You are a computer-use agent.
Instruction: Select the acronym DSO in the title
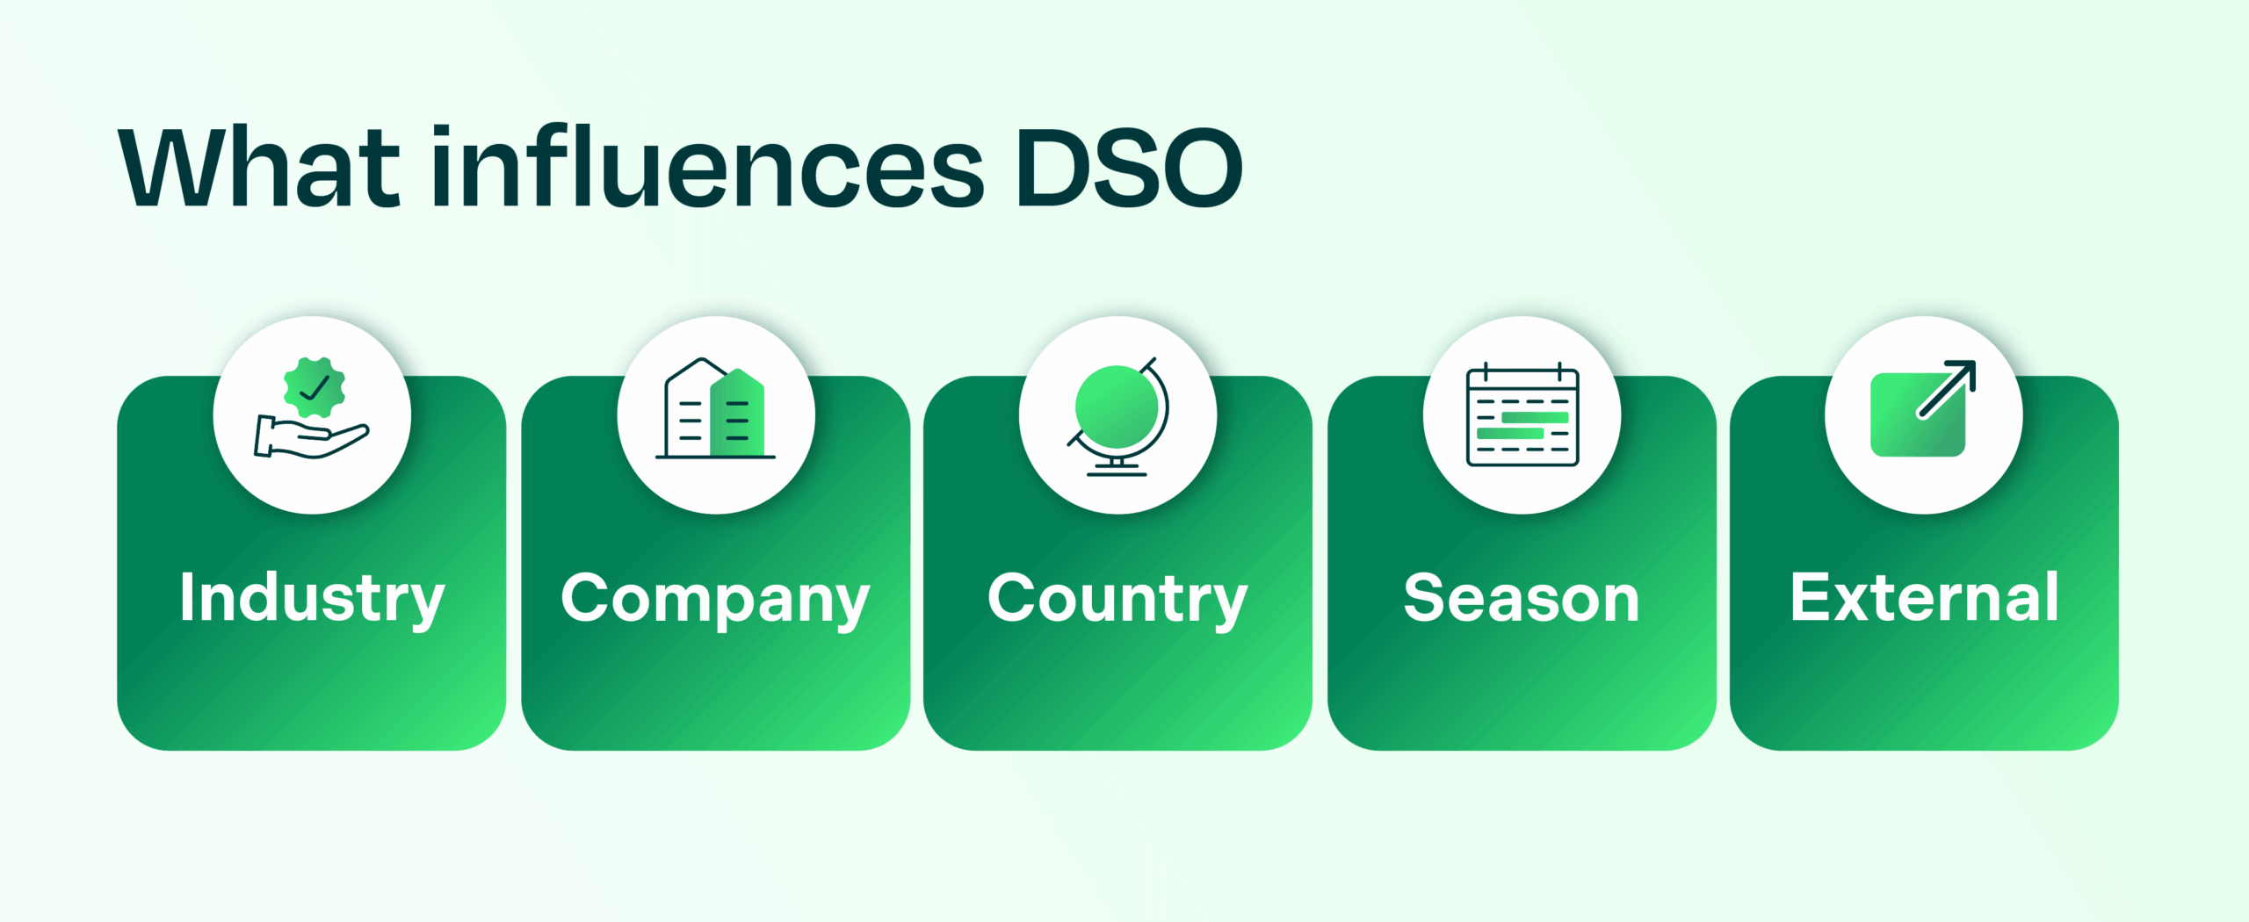pos(1129,169)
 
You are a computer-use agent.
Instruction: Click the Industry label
pos(312,599)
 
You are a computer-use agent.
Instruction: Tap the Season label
pos(1522,599)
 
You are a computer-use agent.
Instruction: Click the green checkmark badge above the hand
pos(315,387)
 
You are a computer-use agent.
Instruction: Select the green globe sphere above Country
pos(1117,407)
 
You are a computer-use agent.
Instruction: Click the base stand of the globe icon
pos(1117,467)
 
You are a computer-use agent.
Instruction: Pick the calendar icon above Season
pos(1522,415)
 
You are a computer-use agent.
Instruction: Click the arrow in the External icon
pos(1947,388)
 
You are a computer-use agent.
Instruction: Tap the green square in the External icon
pos(1915,417)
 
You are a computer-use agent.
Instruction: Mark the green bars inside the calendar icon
pos(1522,425)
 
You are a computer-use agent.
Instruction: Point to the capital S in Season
pos(1424,599)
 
